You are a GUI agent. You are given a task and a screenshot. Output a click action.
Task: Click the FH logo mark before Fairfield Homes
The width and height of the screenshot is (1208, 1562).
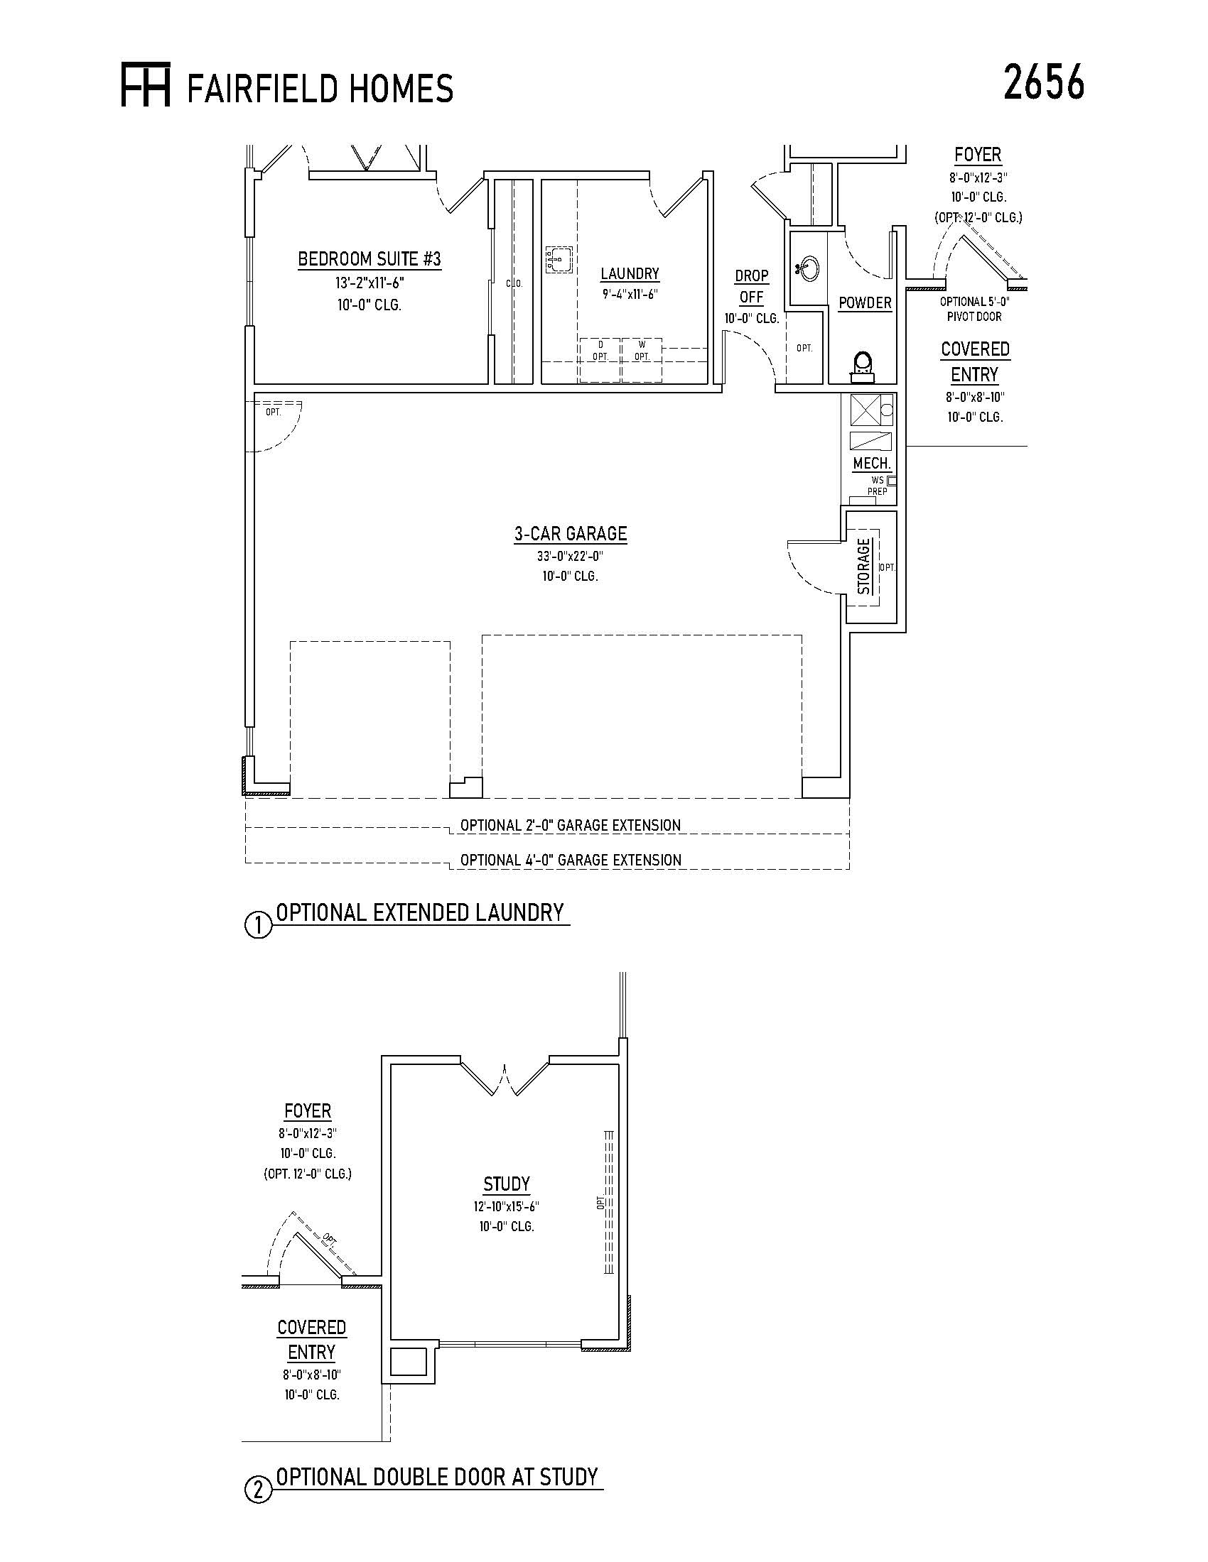[x=145, y=85]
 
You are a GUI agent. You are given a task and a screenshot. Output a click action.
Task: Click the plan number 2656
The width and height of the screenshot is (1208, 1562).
[x=1043, y=82]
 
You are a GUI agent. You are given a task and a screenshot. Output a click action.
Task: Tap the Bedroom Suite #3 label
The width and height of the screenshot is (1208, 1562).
[x=370, y=259]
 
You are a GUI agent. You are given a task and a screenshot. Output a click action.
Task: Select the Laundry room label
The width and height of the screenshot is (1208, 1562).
[x=630, y=273]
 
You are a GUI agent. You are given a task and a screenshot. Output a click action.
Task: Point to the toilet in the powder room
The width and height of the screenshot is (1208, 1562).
[x=863, y=366]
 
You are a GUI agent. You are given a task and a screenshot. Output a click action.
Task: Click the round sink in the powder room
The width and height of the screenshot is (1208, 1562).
[x=809, y=269]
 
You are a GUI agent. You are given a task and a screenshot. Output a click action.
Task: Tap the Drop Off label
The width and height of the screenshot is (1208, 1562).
[x=751, y=286]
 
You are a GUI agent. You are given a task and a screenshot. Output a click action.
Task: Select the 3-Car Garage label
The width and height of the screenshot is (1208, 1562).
[x=571, y=533]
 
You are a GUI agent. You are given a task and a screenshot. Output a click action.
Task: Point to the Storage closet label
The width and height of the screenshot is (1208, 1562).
[x=864, y=567]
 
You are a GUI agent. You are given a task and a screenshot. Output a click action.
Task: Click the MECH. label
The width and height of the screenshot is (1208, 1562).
[x=872, y=464]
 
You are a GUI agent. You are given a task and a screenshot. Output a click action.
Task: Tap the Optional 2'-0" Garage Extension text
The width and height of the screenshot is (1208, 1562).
[x=571, y=825]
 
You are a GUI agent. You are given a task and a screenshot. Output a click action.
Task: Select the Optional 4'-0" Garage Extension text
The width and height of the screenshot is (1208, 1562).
[x=571, y=860]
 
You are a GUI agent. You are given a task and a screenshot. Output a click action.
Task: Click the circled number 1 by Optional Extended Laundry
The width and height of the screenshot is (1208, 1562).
[x=259, y=925]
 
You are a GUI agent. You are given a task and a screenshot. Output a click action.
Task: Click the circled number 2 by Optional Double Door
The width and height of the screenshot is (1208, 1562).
[x=259, y=1490]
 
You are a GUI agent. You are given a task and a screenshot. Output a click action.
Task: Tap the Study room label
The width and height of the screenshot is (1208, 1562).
[x=507, y=1184]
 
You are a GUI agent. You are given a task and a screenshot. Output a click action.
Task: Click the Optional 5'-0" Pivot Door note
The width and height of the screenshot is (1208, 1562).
[x=975, y=309]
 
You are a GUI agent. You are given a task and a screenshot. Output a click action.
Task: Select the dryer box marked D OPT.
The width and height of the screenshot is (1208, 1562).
[x=600, y=361]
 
